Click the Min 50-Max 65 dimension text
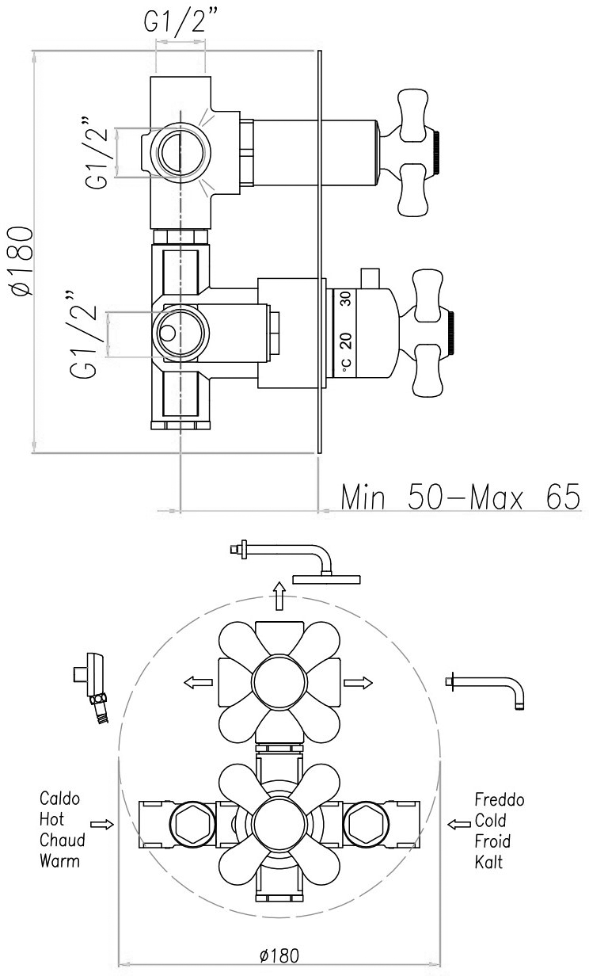460,497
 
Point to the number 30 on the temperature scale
346,299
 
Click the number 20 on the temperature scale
346,341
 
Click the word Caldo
59,799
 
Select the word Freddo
499,799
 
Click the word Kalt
488,862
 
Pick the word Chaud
63,840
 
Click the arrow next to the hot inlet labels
102,825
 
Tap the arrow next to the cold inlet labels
459,825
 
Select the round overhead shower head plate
326,579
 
